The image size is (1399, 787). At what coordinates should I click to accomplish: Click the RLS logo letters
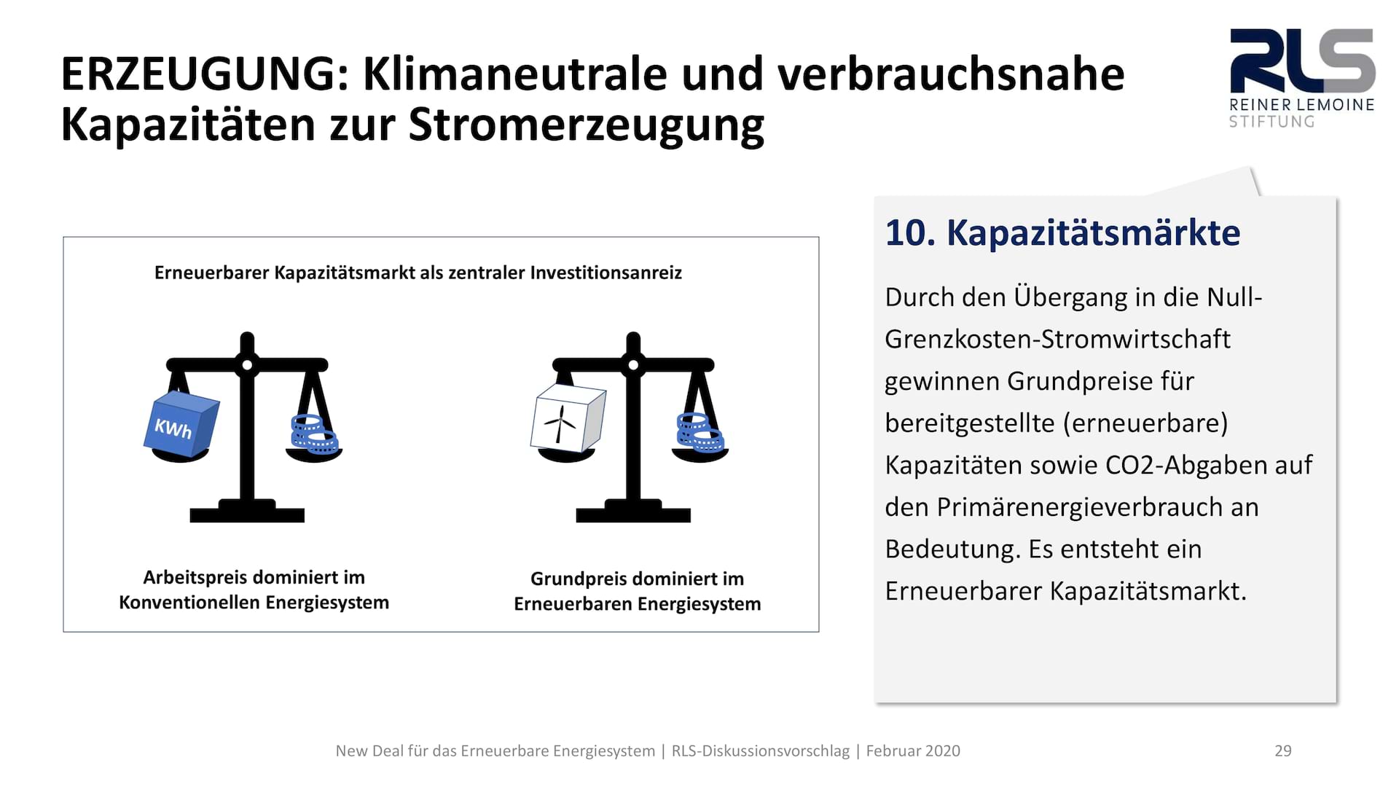coord(1302,60)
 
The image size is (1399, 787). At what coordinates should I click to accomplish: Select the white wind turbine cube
coord(568,419)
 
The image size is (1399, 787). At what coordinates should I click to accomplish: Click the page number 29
coord(1282,751)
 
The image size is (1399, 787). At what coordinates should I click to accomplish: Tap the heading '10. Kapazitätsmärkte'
coord(1062,233)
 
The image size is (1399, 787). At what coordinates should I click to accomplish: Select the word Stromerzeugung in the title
coord(586,125)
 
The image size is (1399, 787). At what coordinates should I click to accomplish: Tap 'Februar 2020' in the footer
coord(913,751)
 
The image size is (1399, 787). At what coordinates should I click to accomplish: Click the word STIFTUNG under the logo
coord(1271,122)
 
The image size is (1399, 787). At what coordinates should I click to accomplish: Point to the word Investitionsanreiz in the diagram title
coord(606,273)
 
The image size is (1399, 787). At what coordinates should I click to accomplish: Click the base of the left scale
coord(247,512)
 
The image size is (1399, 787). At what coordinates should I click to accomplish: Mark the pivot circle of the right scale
coord(633,364)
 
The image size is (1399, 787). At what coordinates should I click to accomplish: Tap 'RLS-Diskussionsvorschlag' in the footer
coord(761,751)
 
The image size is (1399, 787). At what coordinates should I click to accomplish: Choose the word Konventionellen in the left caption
coord(189,603)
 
